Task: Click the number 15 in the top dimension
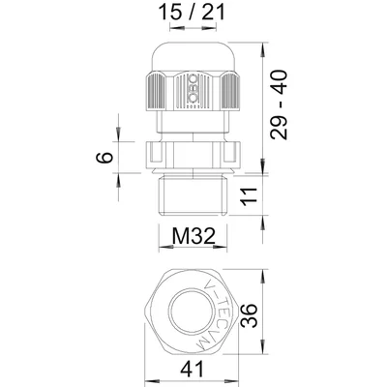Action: point(169,15)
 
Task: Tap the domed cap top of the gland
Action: point(192,53)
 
